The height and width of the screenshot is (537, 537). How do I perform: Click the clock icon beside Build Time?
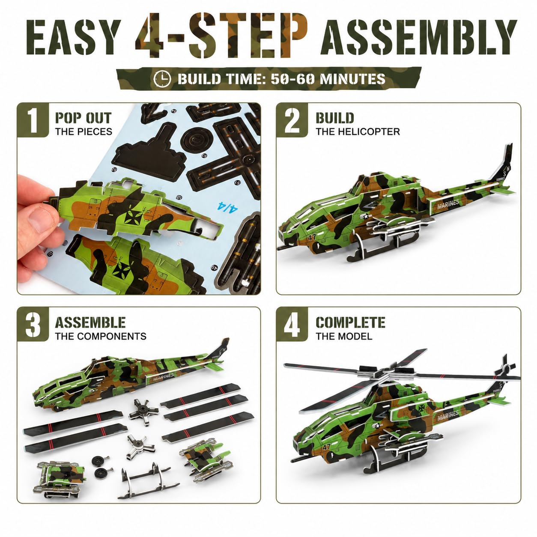(x=162, y=79)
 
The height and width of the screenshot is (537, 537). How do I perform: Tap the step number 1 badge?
(x=33, y=120)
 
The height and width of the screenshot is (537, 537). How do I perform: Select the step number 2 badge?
(x=292, y=120)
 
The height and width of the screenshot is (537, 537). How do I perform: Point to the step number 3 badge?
(x=33, y=324)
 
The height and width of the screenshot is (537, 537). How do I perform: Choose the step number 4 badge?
(x=292, y=324)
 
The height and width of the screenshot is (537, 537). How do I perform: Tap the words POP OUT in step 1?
(x=84, y=118)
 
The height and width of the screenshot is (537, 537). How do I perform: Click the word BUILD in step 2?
(x=335, y=118)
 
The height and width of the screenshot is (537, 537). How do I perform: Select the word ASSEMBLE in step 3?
(x=90, y=322)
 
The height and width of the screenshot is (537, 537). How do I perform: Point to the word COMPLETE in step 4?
(x=351, y=322)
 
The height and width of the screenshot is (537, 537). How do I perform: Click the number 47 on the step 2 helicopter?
(x=312, y=238)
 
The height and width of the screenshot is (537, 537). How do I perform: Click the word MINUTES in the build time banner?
(x=352, y=79)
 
